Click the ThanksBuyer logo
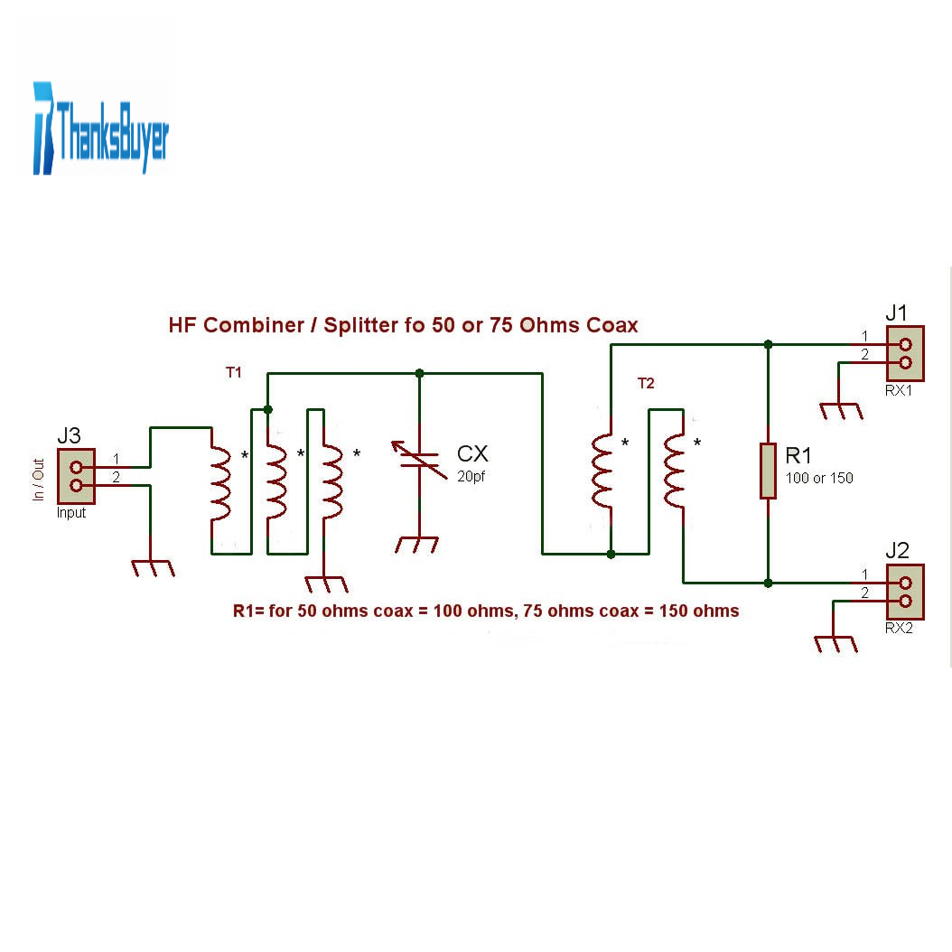(100, 129)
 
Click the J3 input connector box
(76, 476)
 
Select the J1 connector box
(905, 353)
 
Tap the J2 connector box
(905, 592)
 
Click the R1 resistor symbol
(768, 471)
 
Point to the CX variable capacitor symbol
(420, 460)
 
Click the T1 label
(233, 372)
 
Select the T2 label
(646, 384)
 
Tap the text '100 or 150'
(819, 478)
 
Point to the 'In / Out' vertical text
(38, 480)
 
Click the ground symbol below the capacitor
(418, 545)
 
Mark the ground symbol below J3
(152, 568)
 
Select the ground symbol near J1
(841, 412)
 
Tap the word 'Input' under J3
(71, 513)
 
